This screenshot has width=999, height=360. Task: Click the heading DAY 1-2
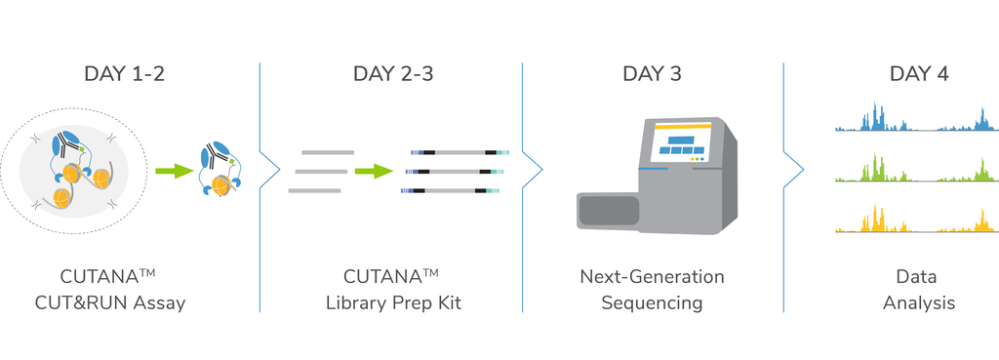point(124,74)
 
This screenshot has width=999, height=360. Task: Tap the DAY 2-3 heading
point(393,74)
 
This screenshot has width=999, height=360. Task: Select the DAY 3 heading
point(652,74)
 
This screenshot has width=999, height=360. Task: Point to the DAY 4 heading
point(919,74)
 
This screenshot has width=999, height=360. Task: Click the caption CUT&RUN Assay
point(110,302)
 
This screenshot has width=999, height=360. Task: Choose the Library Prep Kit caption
point(393,302)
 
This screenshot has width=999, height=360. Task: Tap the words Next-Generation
point(652,277)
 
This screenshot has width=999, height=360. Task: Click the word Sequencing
point(652,302)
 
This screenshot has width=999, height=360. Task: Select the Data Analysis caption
point(919,290)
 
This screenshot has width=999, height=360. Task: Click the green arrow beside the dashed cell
point(174,170)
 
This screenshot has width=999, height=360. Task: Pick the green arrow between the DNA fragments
point(374,171)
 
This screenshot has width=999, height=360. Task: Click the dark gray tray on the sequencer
point(608,210)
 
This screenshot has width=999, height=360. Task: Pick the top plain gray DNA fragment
point(328,152)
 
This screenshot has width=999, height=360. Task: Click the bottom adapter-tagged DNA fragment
point(449,190)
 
